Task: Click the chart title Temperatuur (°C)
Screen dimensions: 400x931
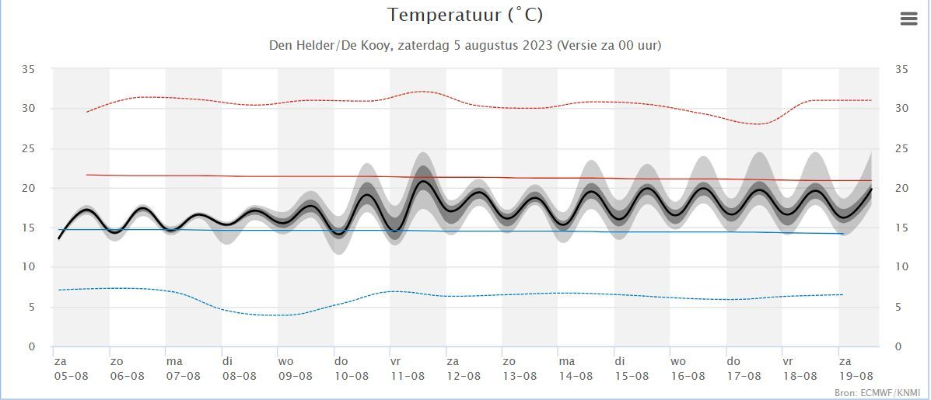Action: (x=465, y=15)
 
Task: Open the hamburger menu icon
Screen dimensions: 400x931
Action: (x=908, y=19)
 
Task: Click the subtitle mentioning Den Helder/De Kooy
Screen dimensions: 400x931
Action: (x=465, y=45)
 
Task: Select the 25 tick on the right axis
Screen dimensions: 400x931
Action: (x=901, y=148)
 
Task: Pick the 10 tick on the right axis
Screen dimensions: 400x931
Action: (x=901, y=267)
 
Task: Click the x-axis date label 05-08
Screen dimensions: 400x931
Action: (x=71, y=376)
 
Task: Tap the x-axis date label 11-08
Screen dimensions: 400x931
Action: (x=408, y=376)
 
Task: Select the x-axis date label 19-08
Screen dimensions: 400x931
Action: (x=856, y=376)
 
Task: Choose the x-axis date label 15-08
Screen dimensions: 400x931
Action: (x=632, y=376)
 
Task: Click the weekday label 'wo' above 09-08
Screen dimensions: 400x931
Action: (x=286, y=361)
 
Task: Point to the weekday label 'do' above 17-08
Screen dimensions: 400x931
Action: (x=733, y=361)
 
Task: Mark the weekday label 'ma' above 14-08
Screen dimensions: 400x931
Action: (x=566, y=361)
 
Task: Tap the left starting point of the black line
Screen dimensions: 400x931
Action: (x=59, y=238)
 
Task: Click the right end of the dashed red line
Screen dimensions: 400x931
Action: (x=871, y=100)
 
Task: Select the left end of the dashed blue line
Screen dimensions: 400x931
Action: (x=59, y=290)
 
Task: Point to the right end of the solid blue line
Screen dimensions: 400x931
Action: (x=845, y=234)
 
